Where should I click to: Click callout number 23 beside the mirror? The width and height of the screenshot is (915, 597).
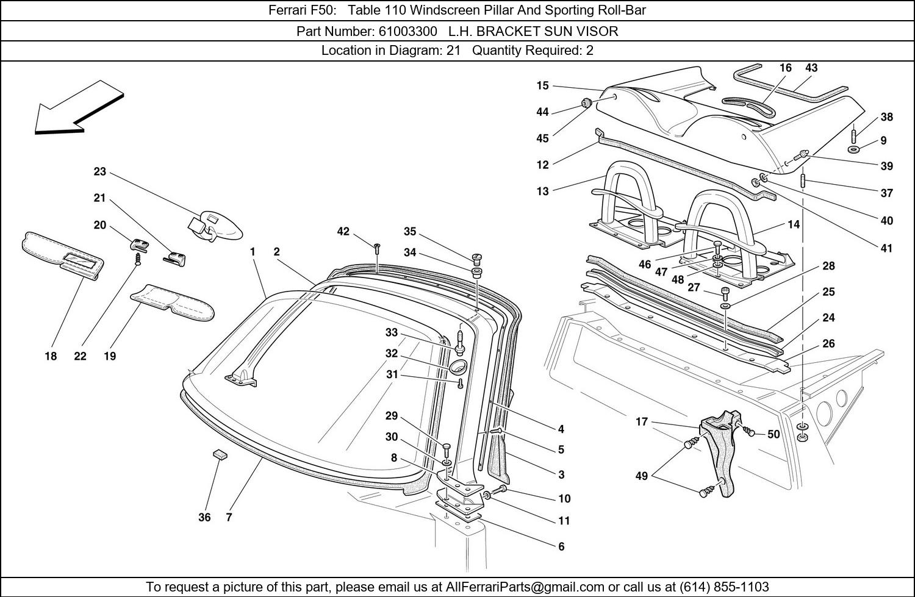point(99,172)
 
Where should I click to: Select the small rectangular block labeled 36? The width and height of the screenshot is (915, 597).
point(220,454)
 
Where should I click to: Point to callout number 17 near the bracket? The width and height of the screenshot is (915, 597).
point(641,422)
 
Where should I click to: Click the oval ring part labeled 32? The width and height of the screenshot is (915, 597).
point(457,367)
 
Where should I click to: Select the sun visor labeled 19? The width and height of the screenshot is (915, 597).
point(172,302)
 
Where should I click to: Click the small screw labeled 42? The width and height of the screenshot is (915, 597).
point(377,247)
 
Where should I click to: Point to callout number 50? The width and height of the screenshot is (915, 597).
point(773,434)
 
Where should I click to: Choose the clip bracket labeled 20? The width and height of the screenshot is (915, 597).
point(140,245)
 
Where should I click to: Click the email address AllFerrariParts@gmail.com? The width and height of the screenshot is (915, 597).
point(525,587)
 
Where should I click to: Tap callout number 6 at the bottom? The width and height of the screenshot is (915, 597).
point(561,546)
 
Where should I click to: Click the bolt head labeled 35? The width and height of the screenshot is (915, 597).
point(477,257)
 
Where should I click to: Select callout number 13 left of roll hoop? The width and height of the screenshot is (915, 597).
point(542,191)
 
